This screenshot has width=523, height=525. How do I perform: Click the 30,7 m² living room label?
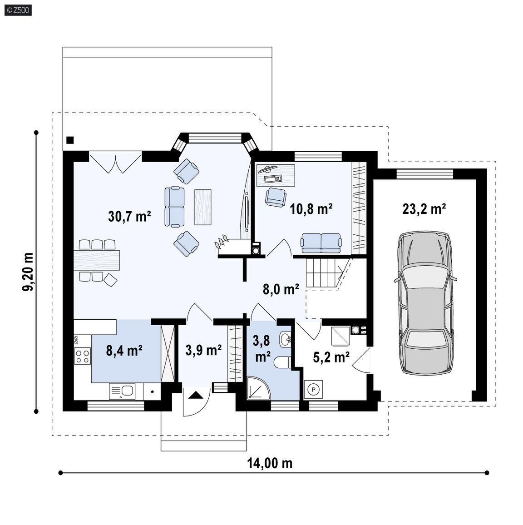(129, 216)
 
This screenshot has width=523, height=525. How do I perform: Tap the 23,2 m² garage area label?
(424, 209)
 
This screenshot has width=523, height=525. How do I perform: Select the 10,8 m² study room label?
(311, 209)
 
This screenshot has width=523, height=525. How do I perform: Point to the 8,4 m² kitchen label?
(124, 351)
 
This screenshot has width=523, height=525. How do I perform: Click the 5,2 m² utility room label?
(331, 357)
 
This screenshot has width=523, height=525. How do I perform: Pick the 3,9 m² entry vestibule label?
(203, 350)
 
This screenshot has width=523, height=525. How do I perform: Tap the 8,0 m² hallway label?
(281, 289)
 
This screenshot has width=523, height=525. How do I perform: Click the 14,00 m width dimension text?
(270, 463)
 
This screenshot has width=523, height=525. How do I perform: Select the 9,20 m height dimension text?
(28, 272)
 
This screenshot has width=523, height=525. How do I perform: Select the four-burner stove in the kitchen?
(82, 356)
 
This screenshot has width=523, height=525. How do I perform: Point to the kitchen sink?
(122, 391)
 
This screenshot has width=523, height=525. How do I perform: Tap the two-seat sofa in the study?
(321, 243)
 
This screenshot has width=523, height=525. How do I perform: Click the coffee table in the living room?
(203, 207)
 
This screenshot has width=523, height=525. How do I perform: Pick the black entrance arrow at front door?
(196, 395)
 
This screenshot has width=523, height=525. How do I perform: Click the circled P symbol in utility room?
(314, 389)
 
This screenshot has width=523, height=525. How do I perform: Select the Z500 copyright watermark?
(19, 10)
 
